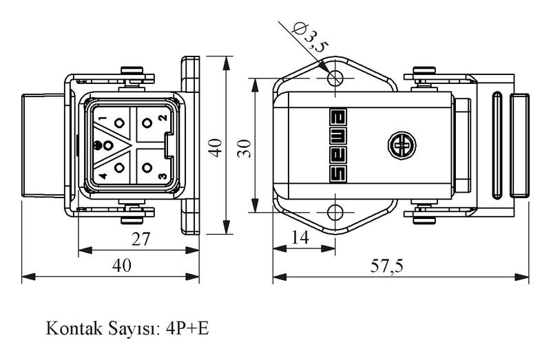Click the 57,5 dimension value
click(387, 266)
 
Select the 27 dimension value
click(141, 239)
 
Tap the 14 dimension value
click(300, 237)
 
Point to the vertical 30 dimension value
click(245, 149)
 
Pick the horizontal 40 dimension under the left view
click(122, 266)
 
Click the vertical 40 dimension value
click(215, 148)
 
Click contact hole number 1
click(119, 123)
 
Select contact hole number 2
click(147, 123)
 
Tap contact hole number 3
click(147, 167)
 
